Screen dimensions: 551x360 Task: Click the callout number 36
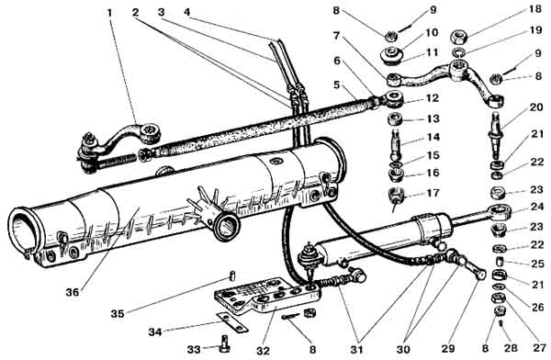tap(73, 292)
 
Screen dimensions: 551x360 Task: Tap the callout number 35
tap(118, 313)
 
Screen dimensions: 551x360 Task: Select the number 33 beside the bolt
tap(194, 349)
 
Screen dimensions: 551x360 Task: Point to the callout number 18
tap(534, 9)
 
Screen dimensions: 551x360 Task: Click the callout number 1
tap(109, 14)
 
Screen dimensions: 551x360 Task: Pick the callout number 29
tap(448, 349)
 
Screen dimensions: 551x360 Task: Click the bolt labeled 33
tap(223, 343)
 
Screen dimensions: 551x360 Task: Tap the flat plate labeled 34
tap(232, 322)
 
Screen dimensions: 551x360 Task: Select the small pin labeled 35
tap(232, 276)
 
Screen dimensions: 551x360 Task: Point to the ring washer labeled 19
tap(458, 52)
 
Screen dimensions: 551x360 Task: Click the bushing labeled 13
tap(395, 119)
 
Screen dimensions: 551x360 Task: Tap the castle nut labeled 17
tap(397, 197)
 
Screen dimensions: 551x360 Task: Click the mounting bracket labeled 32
tap(267, 296)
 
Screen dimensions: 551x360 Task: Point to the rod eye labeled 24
tap(499, 211)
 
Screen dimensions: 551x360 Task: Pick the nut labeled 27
tap(497, 298)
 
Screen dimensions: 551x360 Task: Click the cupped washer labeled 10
tap(392, 55)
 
